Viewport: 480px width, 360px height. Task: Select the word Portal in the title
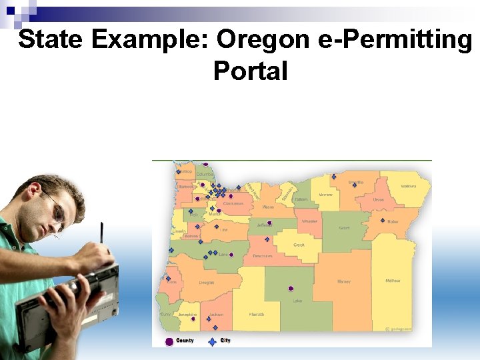click(250, 70)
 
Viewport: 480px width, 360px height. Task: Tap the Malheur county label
click(393, 281)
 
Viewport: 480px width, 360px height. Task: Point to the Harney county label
click(343, 281)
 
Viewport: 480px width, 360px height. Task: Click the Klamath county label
click(257, 314)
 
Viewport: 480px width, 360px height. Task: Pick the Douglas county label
click(207, 282)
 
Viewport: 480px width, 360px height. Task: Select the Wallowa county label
click(408, 186)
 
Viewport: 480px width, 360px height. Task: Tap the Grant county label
click(344, 228)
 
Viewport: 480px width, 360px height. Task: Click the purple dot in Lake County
click(290, 289)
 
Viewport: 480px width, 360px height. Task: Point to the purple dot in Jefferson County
click(269, 223)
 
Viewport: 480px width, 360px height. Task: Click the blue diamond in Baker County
click(382, 221)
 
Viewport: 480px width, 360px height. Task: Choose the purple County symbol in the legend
click(169, 341)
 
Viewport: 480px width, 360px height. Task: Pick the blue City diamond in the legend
click(212, 341)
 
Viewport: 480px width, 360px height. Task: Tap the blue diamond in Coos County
click(168, 279)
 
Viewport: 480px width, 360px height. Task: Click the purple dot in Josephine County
click(193, 319)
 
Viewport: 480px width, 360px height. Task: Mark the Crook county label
click(299, 245)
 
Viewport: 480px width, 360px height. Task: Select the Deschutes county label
click(262, 256)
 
